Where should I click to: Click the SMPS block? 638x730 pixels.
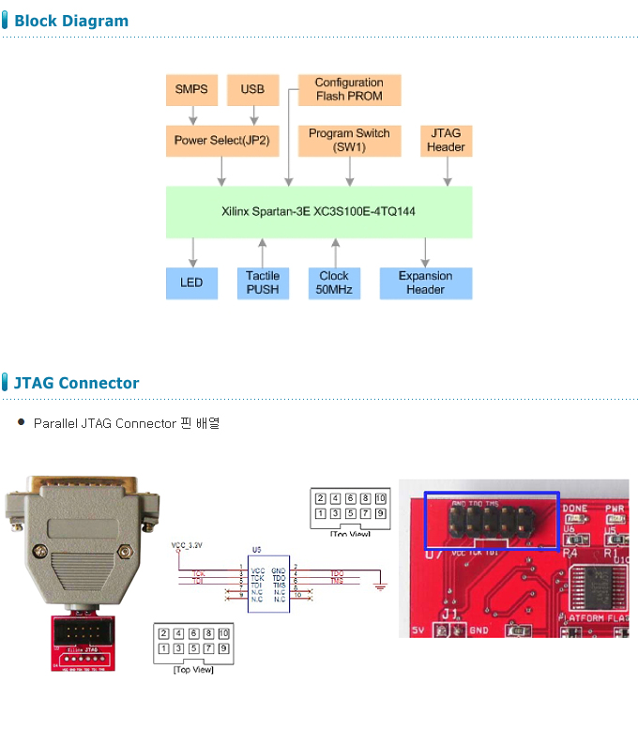click(191, 89)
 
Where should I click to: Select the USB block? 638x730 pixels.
click(252, 89)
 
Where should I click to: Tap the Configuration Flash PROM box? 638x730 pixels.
click(349, 89)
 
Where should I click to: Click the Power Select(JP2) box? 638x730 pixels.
click(221, 141)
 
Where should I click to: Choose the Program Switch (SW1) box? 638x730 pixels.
click(349, 141)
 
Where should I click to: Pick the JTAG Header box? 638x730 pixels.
click(446, 141)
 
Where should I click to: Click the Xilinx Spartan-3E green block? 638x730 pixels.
click(319, 212)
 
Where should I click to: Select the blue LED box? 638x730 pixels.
click(191, 282)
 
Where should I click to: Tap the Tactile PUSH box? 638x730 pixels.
click(263, 282)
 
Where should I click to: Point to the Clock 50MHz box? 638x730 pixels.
click(334, 282)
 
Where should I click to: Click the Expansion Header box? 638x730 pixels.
click(425, 282)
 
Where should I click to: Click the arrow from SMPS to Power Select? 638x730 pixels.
click(192, 115)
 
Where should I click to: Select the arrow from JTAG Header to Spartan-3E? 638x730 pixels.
click(446, 171)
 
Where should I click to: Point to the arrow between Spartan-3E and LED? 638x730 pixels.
click(192, 252)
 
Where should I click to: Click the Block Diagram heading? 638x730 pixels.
click(71, 21)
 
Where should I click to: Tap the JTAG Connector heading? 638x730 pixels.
click(76, 383)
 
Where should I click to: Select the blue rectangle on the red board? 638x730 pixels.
click(492, 520)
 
